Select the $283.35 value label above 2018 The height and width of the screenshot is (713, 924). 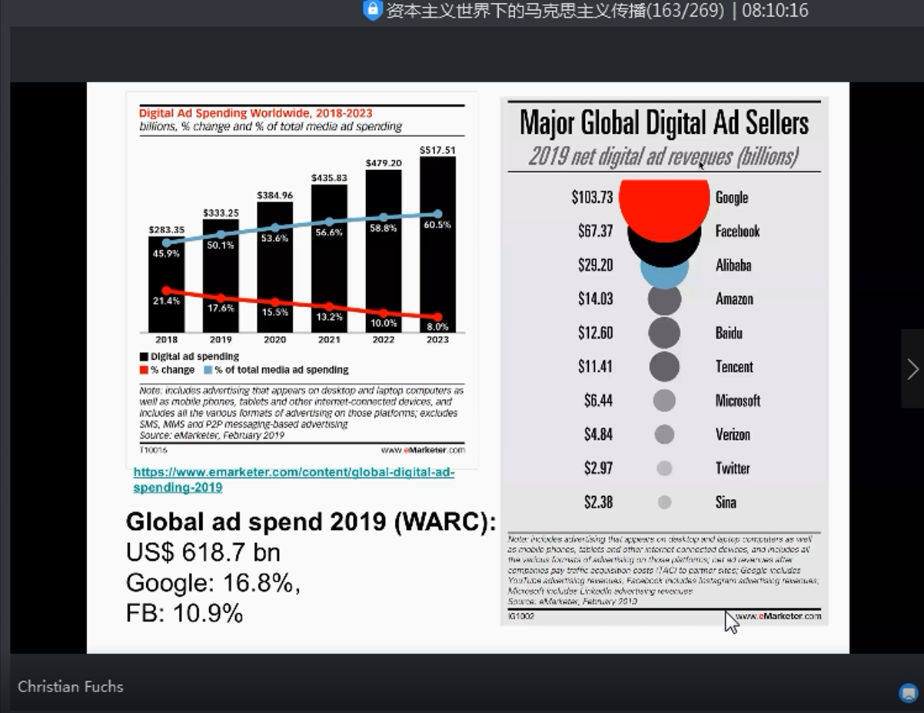(167, 229)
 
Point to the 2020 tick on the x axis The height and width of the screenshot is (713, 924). (274, 339)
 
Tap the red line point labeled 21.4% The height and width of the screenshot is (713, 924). (167, 291)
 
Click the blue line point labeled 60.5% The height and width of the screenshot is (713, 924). (437, 214)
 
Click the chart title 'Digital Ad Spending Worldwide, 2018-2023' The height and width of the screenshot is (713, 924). (255, 114)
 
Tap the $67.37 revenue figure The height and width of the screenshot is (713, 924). (595, 231)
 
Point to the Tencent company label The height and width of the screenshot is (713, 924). (734, 367)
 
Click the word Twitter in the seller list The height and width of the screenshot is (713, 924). (732, 468)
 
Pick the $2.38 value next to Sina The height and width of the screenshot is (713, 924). (598, 502)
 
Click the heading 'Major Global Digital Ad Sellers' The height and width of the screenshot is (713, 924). (664, 122)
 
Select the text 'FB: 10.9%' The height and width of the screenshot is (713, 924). (184, 614)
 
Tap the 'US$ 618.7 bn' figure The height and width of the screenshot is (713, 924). (203, 552)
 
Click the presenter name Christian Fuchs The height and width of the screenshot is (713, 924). (71, 687)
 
